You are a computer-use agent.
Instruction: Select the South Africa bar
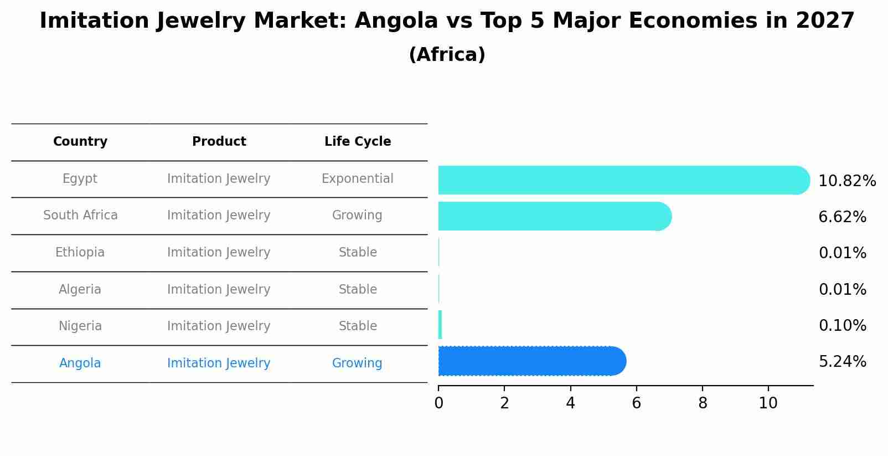tap(554, 216)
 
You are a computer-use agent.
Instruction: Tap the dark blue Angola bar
tap(531, 361)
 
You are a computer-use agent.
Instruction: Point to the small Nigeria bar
tap(440, 325)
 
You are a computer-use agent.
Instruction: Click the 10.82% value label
tap(846, 181)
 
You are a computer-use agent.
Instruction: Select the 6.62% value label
tap(842, 217)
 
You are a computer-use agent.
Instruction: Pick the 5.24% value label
tap(842, 362)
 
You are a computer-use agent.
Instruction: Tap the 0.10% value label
tap(842, 326)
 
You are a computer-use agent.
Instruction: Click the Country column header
tap(80, 142)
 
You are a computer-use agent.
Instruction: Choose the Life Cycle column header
tap(358, 142)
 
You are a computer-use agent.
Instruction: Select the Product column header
tap(219, 142)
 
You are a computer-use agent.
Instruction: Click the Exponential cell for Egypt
tap(357, 179)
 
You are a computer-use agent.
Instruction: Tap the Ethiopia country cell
tap(80, 253)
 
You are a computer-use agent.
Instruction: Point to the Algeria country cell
tap(80, 290)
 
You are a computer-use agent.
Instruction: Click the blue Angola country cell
tap(80, 363)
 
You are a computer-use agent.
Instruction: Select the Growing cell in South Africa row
tap(357, 216)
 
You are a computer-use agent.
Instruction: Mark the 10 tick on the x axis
tap(768, 403)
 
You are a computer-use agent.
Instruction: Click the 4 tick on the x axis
tap(570, 403)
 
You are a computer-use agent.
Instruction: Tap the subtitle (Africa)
tap(447, 55)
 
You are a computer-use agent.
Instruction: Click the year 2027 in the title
tap(825, 21)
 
